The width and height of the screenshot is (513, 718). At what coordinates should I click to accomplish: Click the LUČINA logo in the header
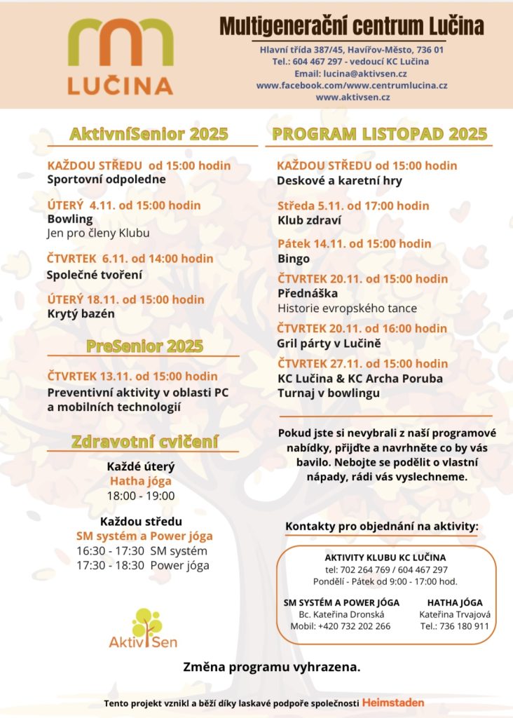(120, 56)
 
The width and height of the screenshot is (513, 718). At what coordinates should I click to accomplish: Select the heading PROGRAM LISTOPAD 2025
(379, 134)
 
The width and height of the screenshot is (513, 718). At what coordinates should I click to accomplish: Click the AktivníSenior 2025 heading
(149, 134)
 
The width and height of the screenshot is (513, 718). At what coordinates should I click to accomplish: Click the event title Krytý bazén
(80, 313)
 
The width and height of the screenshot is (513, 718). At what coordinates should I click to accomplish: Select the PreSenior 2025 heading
(144, 346)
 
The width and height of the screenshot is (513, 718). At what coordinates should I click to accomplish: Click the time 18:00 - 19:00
(140, 496)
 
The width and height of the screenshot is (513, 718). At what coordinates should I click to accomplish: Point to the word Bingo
(294, 259)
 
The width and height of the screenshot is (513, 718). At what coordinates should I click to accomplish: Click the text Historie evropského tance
(347, 308)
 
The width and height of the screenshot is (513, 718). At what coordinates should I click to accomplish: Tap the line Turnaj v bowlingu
(329, 393)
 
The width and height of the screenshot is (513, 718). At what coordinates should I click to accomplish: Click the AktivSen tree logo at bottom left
(143, 628)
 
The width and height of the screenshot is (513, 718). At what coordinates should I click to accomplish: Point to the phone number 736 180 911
(464, 626)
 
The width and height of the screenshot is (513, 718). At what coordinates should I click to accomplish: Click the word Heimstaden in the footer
(393, 702)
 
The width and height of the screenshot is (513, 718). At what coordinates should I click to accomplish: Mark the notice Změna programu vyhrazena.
(271, 667)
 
